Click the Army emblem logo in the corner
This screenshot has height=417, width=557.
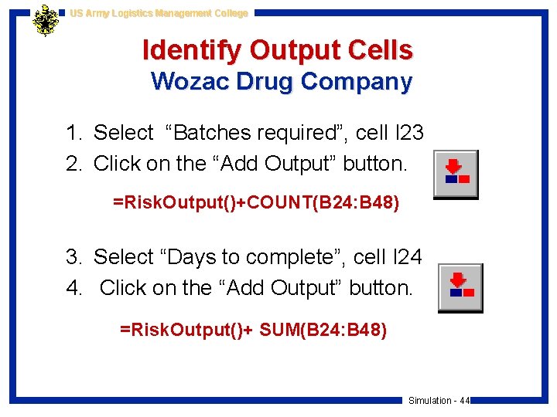pos(46,21)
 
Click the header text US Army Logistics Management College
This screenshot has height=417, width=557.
pos(159,13)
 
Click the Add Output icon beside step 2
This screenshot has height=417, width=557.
pos(456,174)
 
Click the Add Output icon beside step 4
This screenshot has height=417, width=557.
pos(460,287)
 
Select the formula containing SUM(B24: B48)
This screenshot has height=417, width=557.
pos(254,331)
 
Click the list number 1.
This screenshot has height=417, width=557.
pos(73,133)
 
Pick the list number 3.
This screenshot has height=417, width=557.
pos(73,256)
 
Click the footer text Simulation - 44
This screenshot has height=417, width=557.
pos(439,400)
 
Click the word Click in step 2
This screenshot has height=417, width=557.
pos(117,164)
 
